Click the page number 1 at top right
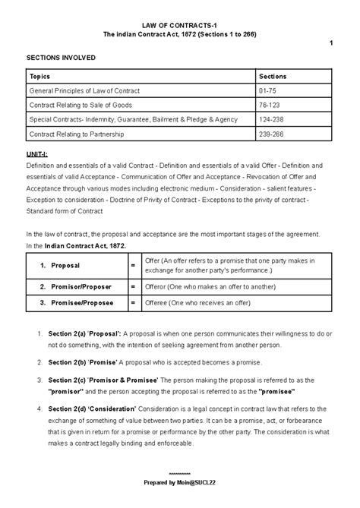(x=330, y=43)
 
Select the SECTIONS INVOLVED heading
(x=57, y=57)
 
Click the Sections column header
(x=273, y=77)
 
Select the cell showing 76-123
(x=270, y=106)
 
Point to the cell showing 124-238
(x=271, y=120)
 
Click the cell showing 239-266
(x=271, y=134)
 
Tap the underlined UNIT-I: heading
(x=36, y=154)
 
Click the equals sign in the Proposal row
(x=133, y=265)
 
